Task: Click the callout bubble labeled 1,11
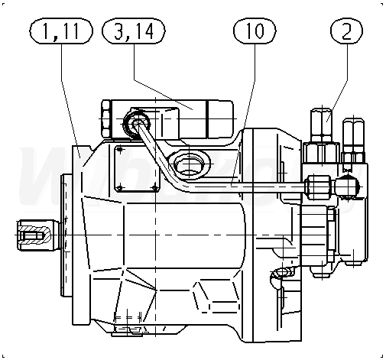(61, 31)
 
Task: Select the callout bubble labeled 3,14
(134, 31)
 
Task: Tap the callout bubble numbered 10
(255, 31)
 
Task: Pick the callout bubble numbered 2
(347, 31)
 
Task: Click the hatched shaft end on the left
(34, 235)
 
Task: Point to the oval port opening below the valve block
(189, 164)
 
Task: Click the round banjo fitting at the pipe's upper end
(137, 124)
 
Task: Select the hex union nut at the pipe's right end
(319, 187)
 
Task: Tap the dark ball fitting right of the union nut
(347, 187)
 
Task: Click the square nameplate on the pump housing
(138, 169)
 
